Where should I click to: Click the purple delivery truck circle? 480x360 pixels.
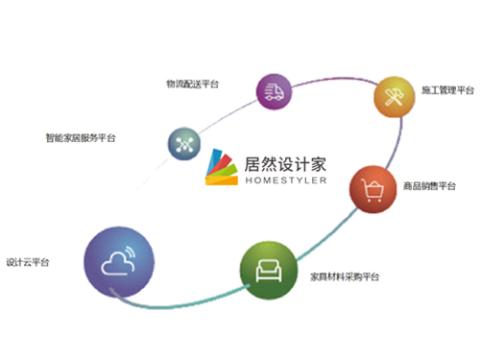click(x=274, y=92)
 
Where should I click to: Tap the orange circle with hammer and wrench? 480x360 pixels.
click(x=395, y=97)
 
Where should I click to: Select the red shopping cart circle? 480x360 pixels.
click(x=373, y=189)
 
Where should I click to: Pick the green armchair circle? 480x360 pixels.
click(x=269, y=271)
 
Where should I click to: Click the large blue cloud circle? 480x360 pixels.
click(x=119, y=262)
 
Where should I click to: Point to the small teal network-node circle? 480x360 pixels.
click(x=184, y=144)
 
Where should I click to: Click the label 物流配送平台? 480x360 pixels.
click(x=192, y=84)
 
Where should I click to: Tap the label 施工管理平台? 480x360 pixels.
click(x=447, y=90)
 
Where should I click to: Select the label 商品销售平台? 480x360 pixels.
click(x=429, y=186)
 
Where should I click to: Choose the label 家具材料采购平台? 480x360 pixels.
click(x=345, y=276)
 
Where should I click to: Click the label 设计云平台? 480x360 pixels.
click(x=28, y=262)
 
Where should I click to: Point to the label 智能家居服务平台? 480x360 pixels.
click(x=81, y=138)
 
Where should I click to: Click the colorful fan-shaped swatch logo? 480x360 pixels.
click(x=222, y=167)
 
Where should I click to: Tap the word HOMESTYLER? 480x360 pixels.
click(x=286, y=180)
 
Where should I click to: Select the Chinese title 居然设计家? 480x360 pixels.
click(x=285, y=164)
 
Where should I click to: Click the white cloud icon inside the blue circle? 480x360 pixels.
click(x=118, y=261)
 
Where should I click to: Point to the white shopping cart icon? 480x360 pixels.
click(x=372, y=190)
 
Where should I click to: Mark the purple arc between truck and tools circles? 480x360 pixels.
click(x=335, y=79)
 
